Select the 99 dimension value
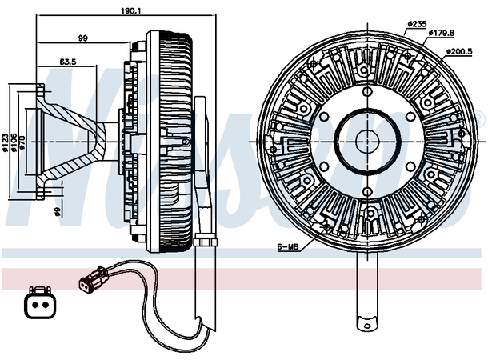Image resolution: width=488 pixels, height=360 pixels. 82,38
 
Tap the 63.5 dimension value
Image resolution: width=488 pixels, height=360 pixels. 67,60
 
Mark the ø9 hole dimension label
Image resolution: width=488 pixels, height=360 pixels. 58,212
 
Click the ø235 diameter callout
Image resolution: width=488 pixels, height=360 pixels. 416,23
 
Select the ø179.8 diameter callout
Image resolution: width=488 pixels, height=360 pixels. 441,33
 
